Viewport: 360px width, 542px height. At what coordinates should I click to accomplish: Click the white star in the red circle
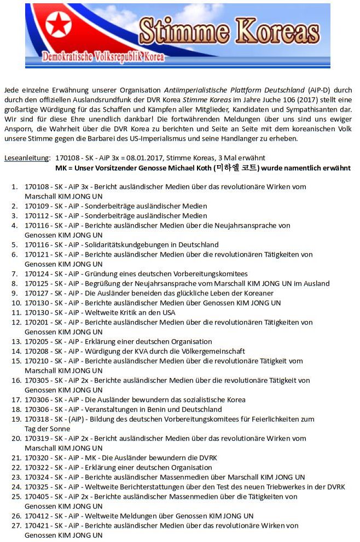pyautogui.click(x=57, y=25)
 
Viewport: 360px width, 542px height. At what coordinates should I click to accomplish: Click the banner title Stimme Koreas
pyautogui.click(x=229, y=30)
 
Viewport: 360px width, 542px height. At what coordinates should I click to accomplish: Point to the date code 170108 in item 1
pyautogui.click(x=37, y=187)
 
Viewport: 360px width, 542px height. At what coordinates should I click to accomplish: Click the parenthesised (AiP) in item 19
pyautogui.click(x=80, y=419)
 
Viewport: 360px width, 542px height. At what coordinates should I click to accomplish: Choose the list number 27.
pyautogui.click(x=16, y=526)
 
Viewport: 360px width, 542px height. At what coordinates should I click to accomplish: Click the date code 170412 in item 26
pyautogui.click(x=37, y=516)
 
